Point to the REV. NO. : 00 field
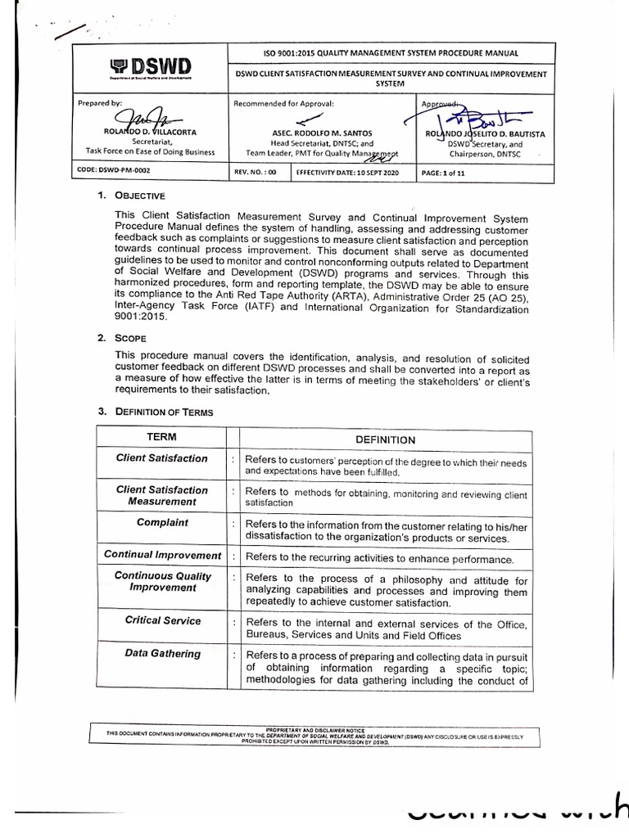(x=256, y=173)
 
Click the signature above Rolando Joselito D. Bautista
(x=467, y=117)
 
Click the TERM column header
(x=161, y=439)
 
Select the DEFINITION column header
(x=385, y=439)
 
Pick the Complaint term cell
(x=162, y=522)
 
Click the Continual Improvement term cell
(x=162, y=555)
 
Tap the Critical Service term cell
(x=162, y=620)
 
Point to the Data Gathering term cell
(x=162, y=653)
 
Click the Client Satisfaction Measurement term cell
(x=162, y=495)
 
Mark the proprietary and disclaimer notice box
(x=315, y=735)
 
